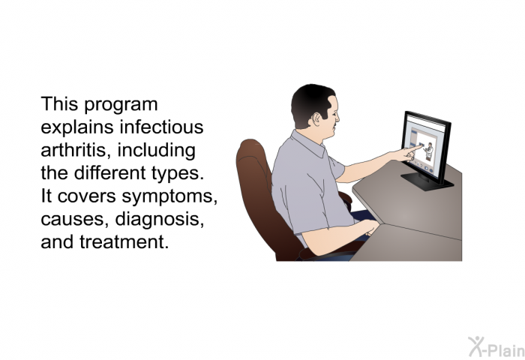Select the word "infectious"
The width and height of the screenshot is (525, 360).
point(161,127)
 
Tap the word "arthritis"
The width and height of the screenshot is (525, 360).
point(76,150)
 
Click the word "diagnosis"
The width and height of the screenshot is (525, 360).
point(159,219)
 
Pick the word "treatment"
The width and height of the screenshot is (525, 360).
point(124,241)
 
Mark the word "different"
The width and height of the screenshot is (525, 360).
point(109,172)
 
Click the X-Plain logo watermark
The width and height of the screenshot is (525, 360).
point(496,347)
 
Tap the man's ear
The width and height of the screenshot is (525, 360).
point(316,118)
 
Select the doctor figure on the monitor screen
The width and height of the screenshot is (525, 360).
point(428,151)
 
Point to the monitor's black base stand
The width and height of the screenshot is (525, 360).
point(427,182)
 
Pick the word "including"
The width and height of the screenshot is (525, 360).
point(156,150)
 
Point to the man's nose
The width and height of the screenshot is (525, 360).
point(337,117)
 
